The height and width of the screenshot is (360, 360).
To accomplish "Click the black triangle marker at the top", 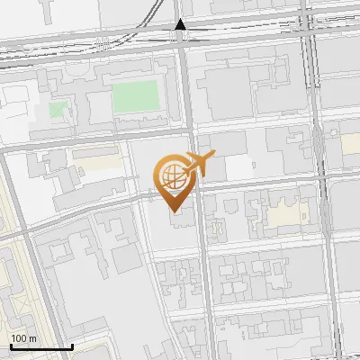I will click(x=180, y=24).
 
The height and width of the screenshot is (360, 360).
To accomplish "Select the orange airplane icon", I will click(x=197, y=165).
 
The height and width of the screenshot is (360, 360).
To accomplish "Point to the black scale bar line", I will click(x=41, y=346).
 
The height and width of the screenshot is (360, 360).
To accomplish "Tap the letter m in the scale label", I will click(x=32, y=338).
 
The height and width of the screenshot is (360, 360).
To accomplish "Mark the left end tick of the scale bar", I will click(x=11, y=345).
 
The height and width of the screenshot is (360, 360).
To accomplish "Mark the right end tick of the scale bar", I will click(x=72, y=345).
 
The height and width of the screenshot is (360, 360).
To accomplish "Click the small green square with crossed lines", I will click(x=58, y=111).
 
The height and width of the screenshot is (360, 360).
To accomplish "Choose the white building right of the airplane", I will click(x=238, y=167).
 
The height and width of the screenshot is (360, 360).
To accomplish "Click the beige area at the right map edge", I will click(x=352, y=144).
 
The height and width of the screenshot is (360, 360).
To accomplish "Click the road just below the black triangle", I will click(x=183, y=54).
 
